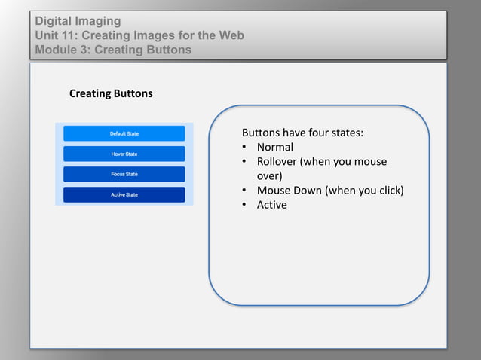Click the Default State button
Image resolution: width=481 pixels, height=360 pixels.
(x=124, y=133)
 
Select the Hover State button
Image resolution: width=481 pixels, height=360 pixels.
(x=124, y=154)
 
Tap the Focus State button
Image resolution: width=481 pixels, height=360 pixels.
(x=124, y=174)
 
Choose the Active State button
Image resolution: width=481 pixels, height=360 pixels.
(x=124, y=194)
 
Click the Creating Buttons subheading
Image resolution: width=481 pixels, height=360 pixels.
(x=111, y=94)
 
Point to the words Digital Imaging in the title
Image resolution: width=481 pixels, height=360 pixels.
(x=78, y=21)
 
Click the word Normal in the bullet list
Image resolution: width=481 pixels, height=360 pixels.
(x=275, y=147)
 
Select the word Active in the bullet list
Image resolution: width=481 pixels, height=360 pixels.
(x=272, y=204)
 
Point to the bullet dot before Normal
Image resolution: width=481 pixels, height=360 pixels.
(x=245, y=148)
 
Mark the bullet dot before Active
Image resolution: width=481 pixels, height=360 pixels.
(x=245, y=205)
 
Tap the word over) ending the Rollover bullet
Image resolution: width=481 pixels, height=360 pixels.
(x=270, y=175)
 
